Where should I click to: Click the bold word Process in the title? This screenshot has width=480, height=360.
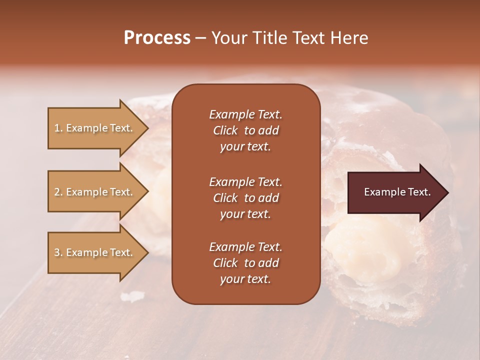[x=157, y=38]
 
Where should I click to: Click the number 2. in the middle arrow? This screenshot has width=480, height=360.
[x=58, y=192]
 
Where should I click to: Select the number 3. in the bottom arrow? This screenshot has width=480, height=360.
[x=58, y=252]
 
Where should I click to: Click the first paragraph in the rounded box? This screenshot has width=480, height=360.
[x=245, y=130]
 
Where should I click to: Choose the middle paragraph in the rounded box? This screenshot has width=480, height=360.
[x=245, y=198]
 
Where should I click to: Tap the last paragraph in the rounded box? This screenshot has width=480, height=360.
[x=245, y=263]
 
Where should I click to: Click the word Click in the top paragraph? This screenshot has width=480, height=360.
[x=225, y=130]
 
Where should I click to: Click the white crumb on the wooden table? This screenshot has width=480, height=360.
[x=131, y=297]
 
